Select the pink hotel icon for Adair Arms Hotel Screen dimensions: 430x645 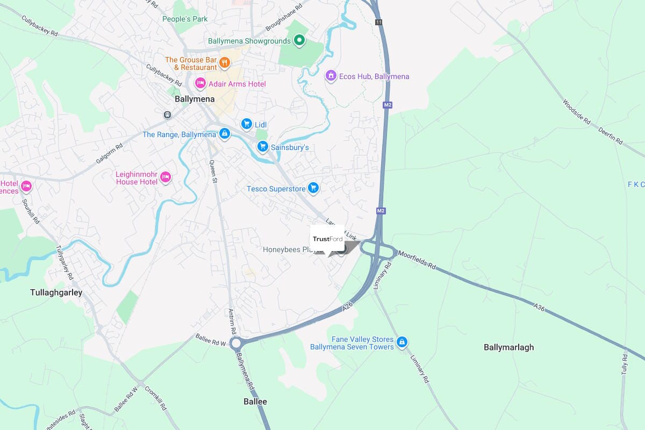click(200, 83)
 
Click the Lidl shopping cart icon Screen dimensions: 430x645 click(247, 124)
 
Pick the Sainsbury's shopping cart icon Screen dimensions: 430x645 click(262, 146)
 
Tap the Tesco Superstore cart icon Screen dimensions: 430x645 click(313, 188)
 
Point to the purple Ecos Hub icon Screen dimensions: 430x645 click(331, 76)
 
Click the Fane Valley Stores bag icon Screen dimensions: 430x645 click(402, 342)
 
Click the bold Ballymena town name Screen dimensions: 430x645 click(195, 99)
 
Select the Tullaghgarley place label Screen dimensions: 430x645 click(56, 292)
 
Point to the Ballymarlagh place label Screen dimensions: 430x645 click(508, 347)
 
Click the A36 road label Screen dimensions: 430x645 click(539, 306)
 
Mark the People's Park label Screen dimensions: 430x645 click(185, 19)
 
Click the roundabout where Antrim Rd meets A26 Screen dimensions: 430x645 click(235, 343)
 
